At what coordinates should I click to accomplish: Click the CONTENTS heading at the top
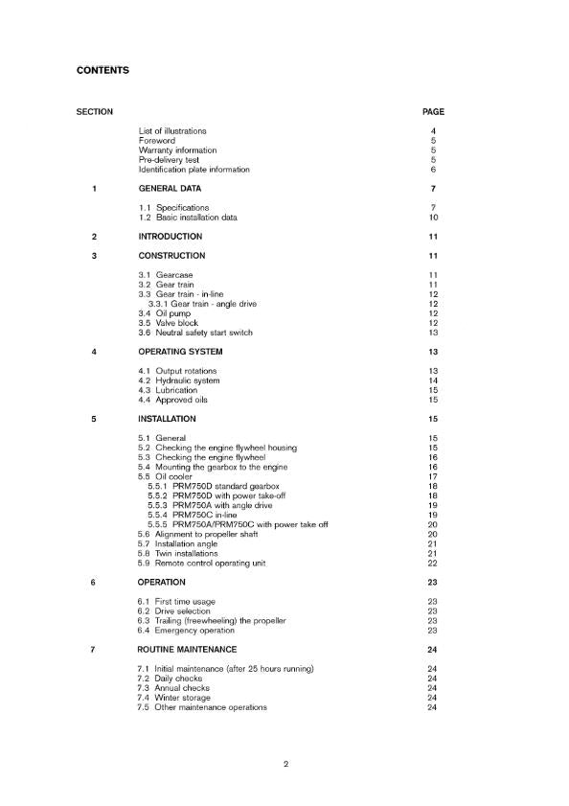pyautogui.click(x=102, y=70)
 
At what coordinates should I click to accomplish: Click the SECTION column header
pyautogui.click(x=94, y=112)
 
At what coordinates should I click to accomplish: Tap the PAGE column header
pyautogui.click(x=433, y=112)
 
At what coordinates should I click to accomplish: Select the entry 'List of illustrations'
pyautogui.click(x=172, y=131)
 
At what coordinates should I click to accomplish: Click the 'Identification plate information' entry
pyautogui.click(x=194, y=170)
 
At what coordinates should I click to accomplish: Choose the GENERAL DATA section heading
pyautogui.click(x=170, y=189)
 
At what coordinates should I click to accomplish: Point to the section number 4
pyautogui.click(x=94, y=352)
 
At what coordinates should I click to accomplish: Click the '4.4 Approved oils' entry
pyautogui.click(x=172, y=400)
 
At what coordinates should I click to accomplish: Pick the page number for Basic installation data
pyautogui.click(x=433, y=218)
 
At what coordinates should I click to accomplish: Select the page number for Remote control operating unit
pyautogui.click(x=433, y=563)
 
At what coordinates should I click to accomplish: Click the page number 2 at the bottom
pyautogui.click(x=285, y=764)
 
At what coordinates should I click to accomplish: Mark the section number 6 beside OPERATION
pyautogui.click(x=94, y=582)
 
